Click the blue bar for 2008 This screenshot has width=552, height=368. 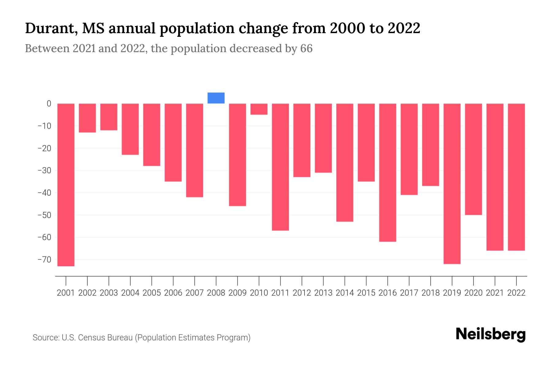pyautogui.click(x=216, y=98)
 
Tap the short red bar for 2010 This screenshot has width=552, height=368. pyautogui.click(x=259, y=109)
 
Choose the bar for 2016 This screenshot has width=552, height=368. pyautogui.click(x=388, y=172)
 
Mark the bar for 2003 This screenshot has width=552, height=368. pyautogui.click(x=109, y=117)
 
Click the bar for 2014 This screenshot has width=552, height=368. pyautogui.click(x=345, y=163)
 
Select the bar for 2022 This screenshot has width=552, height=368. pyautogui.click(x=516, y=177)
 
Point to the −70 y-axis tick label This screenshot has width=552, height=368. pyautogui.click(x=44, y=260)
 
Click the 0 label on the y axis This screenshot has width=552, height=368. pyautogui.click(x=49, y=104)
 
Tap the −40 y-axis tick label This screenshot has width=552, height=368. pyautogui.click(x=44, y=193)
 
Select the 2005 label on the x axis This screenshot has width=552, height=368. pyautogui.click(x=152, y=293)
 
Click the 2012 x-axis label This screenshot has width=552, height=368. pyautogui.click(x=302, y=293)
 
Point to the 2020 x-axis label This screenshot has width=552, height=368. pyautogui.click(x=473, y=293)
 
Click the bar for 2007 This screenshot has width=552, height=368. pyautogui.click(x=195, y=150)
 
